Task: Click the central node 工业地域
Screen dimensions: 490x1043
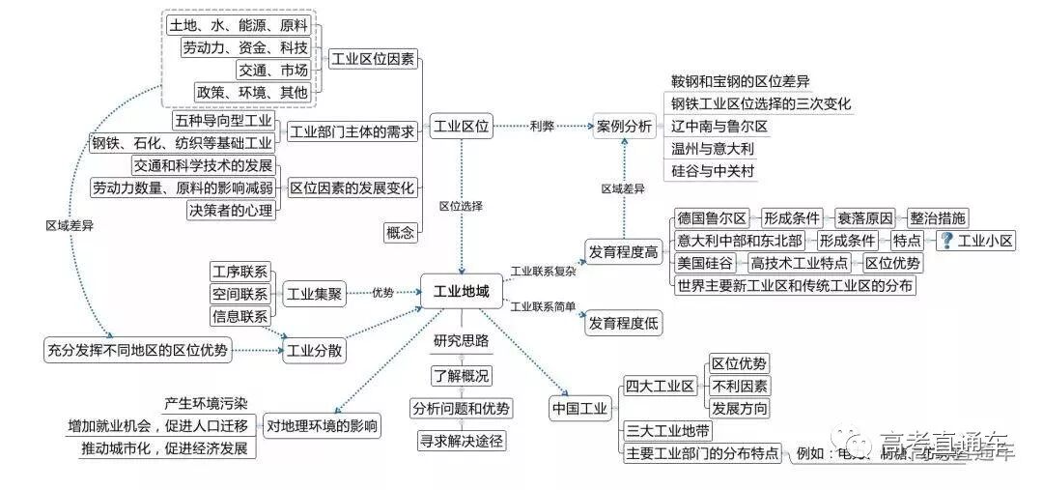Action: [x=462, y=291]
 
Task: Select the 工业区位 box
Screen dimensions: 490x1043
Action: [x=462, y=126]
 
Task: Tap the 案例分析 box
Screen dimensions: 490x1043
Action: [x=624, y=126]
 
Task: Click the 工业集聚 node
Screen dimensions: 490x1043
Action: [x=315, y=294]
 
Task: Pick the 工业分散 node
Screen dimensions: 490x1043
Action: [x=315, y=349]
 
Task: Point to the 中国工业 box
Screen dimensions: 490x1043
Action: [x=579, y=409]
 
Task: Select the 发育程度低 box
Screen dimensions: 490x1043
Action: [x=624, y=324]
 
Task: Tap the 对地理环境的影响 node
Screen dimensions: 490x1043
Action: [x=323, y=425]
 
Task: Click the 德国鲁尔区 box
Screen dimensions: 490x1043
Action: [x=713, y=217]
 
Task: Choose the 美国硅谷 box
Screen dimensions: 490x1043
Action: [x=706, y=263]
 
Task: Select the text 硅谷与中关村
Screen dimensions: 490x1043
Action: [x=713, y=171]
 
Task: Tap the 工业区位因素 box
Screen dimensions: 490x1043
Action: [x=373, y=59]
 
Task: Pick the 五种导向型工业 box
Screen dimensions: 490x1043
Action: [x=224, y=122]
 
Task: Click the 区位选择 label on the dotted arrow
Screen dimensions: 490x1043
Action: [x=461, y=206]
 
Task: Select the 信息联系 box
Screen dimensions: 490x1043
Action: [x=240, y=316]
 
